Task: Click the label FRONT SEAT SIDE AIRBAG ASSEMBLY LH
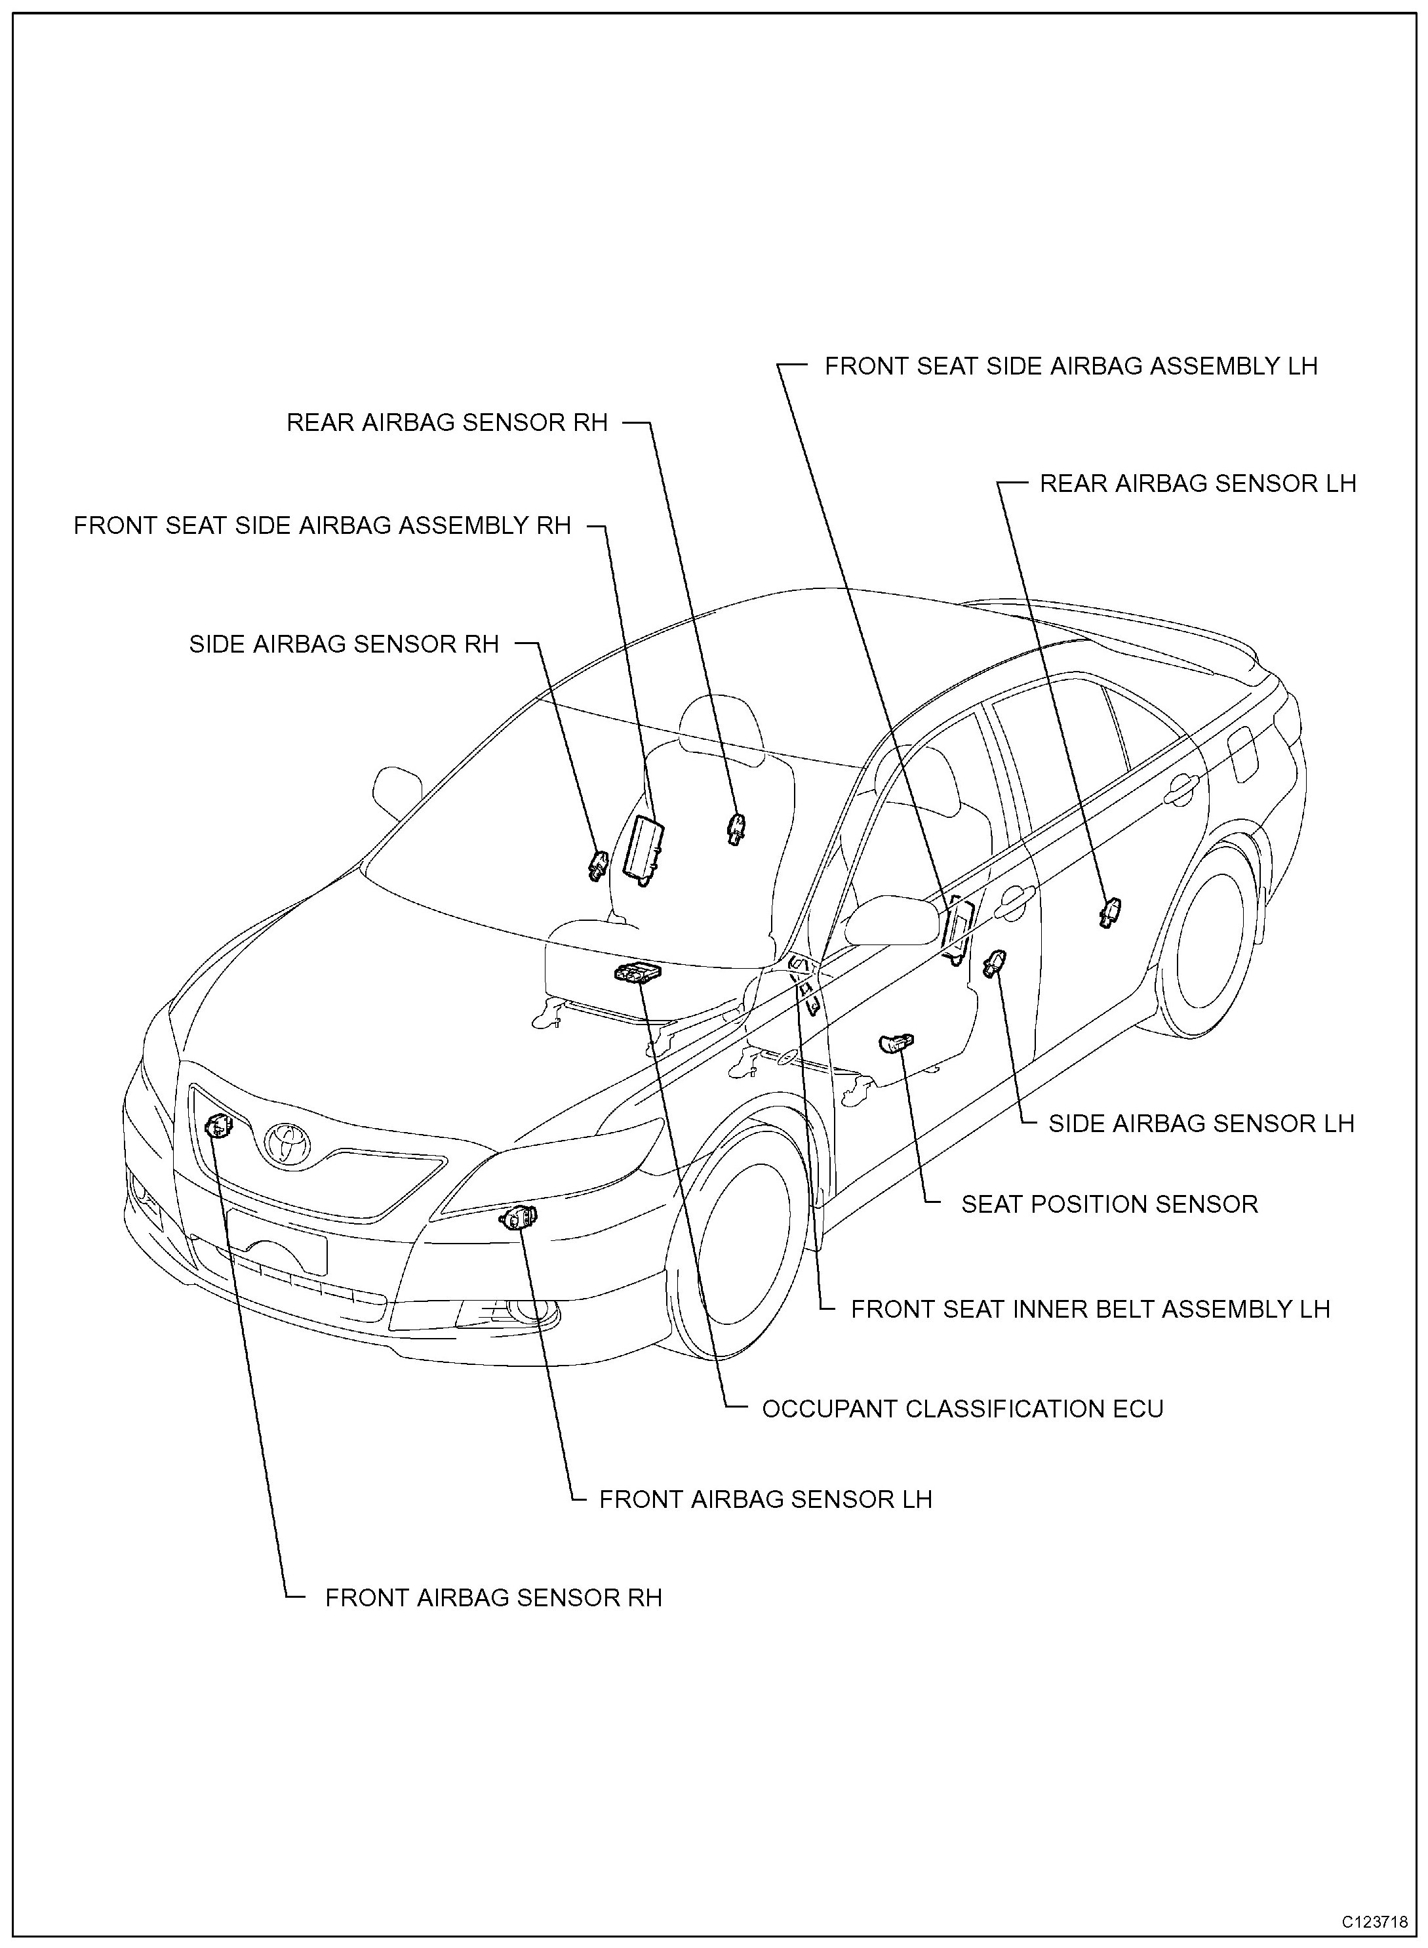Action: tap(1070, 367)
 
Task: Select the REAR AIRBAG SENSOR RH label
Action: tap(447, 423)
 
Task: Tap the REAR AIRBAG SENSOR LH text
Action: tap(1197, 483)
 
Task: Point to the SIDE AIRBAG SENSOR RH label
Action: tap(344, 644)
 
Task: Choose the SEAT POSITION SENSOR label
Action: tap(1109, 1204)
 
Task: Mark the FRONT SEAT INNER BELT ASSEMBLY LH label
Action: tap(1090, 1309)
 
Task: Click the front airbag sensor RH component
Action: tap(220, 1127)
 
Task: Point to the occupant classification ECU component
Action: tap(636, 973)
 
